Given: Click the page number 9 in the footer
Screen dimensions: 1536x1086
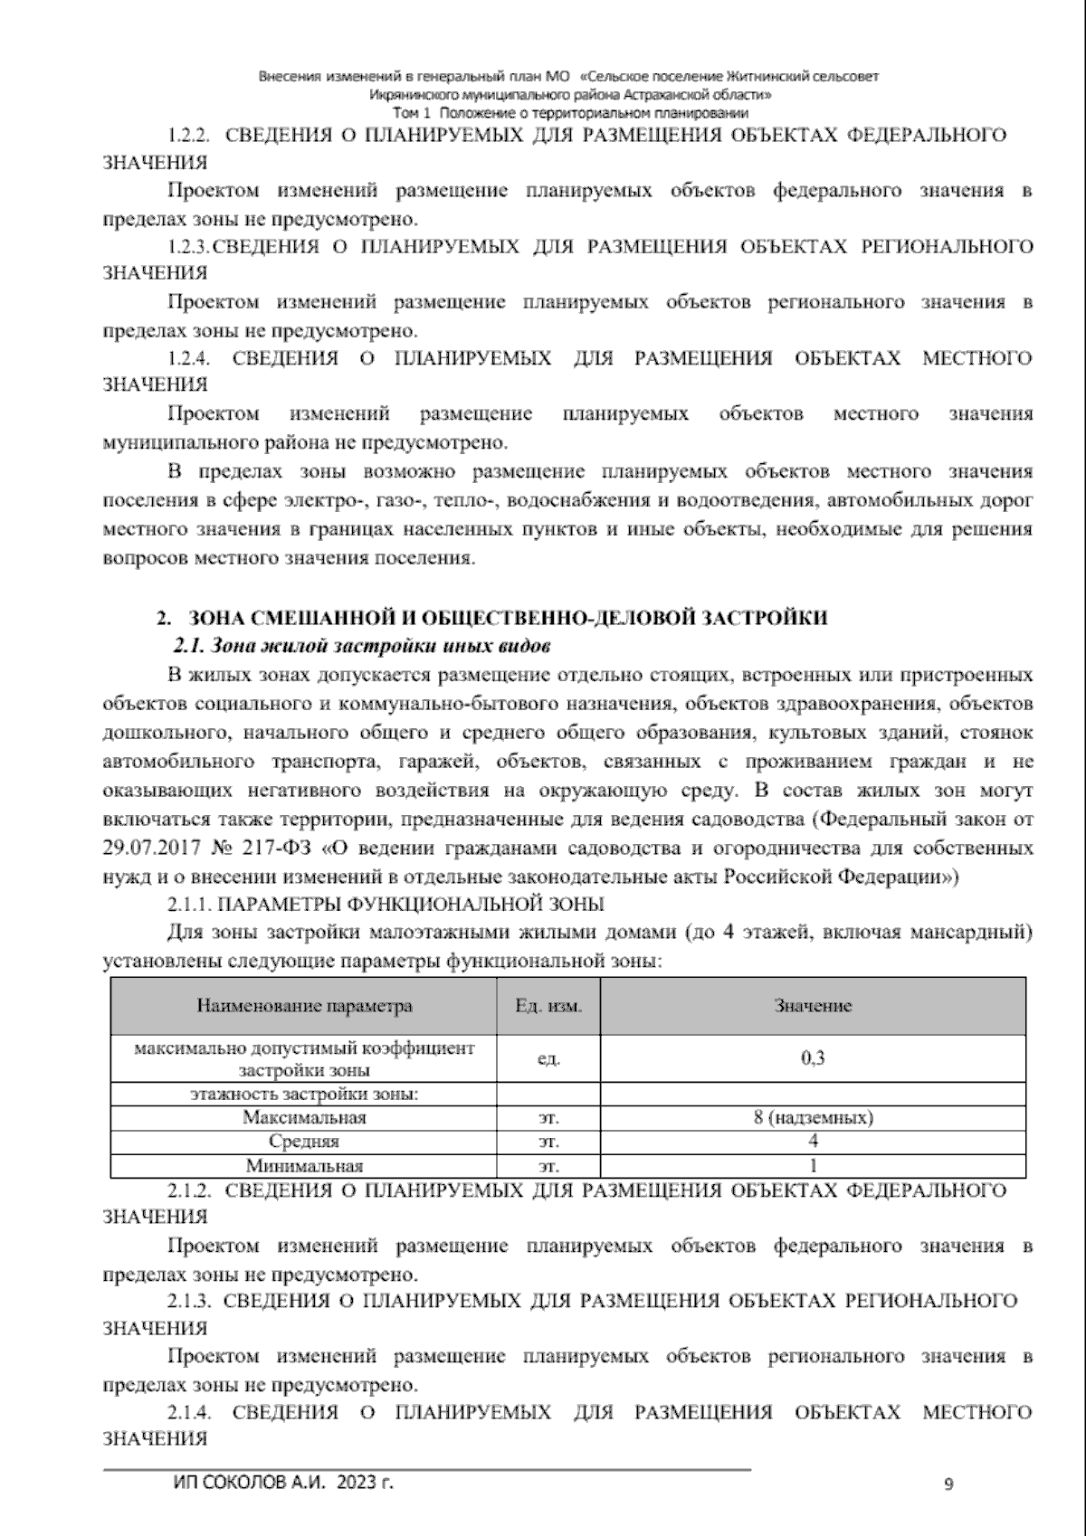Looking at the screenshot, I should [948, 1484].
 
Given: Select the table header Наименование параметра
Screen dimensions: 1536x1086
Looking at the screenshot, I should [304, 1006].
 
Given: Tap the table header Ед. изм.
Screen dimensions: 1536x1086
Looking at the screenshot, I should [548, 1006].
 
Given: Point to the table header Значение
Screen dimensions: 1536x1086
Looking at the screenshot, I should [812, 1006].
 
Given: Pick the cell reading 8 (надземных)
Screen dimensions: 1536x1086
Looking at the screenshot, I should [812, 1117].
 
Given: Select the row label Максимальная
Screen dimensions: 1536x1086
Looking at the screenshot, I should [304, 1117].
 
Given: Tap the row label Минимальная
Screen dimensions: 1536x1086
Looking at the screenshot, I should [304, 1166].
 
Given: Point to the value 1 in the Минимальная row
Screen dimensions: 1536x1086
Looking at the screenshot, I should [812, 1166].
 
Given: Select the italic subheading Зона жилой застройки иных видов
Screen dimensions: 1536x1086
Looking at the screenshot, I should [362, 648].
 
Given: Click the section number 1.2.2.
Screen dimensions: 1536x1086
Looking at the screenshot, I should [189, 136].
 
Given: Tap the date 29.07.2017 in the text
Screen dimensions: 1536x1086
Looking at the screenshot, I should [156, 849].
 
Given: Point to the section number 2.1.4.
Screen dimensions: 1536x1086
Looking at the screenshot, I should [189, 1412].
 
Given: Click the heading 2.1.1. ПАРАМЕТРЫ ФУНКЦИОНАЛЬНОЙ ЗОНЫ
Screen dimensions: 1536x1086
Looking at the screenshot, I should [386, 904].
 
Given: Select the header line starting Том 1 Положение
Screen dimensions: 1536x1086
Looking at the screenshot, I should [570, 113].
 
